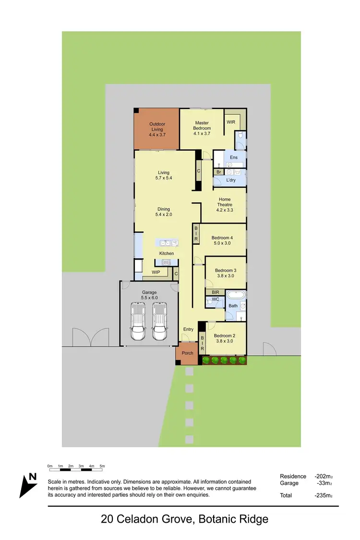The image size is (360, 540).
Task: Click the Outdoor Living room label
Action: pyautogui.click(x=157, y=124)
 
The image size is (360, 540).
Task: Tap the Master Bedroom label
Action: pyautogui.click(x=202, y=123)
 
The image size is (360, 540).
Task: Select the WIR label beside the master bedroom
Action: pyautogui.click(x=231, y=122)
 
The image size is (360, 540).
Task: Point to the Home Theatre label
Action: pyautogui.click(x=225, y=199)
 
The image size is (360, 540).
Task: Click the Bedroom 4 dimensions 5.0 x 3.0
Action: pyautogui.click(x=223, y=243)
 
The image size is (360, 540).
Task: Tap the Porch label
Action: pyautogui.click(x=188, y=353)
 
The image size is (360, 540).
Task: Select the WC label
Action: pyautogui.click(x=216, y=300)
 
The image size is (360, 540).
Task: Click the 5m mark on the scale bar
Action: pyautogui.click(x=102, y=466)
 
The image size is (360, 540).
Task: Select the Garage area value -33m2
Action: pyautogui.click(x=325, y=483)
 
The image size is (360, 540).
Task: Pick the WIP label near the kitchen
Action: pyautogui.click(x=156, y=272)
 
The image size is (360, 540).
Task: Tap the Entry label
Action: pyautogui.click(x=188, y=329)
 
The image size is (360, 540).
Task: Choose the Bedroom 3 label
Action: pyautogui.click(x=225, y=271)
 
